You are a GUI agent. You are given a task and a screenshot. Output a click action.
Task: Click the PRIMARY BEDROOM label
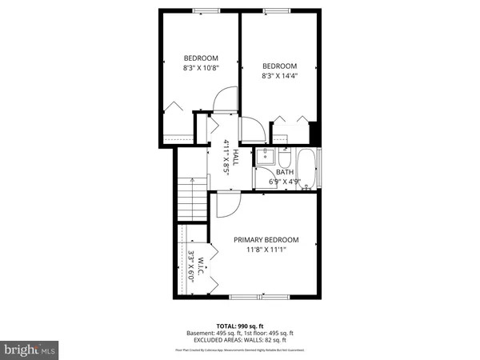[266, 240]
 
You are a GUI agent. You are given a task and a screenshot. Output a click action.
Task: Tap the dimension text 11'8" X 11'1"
[266, 250]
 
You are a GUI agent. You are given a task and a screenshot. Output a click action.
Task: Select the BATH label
[285, 172]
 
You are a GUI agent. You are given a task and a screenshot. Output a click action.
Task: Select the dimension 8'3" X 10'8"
[201, 68]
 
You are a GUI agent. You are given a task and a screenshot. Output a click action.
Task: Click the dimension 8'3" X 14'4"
[279, 77]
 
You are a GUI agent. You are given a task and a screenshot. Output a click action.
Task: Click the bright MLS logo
[30, 350]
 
